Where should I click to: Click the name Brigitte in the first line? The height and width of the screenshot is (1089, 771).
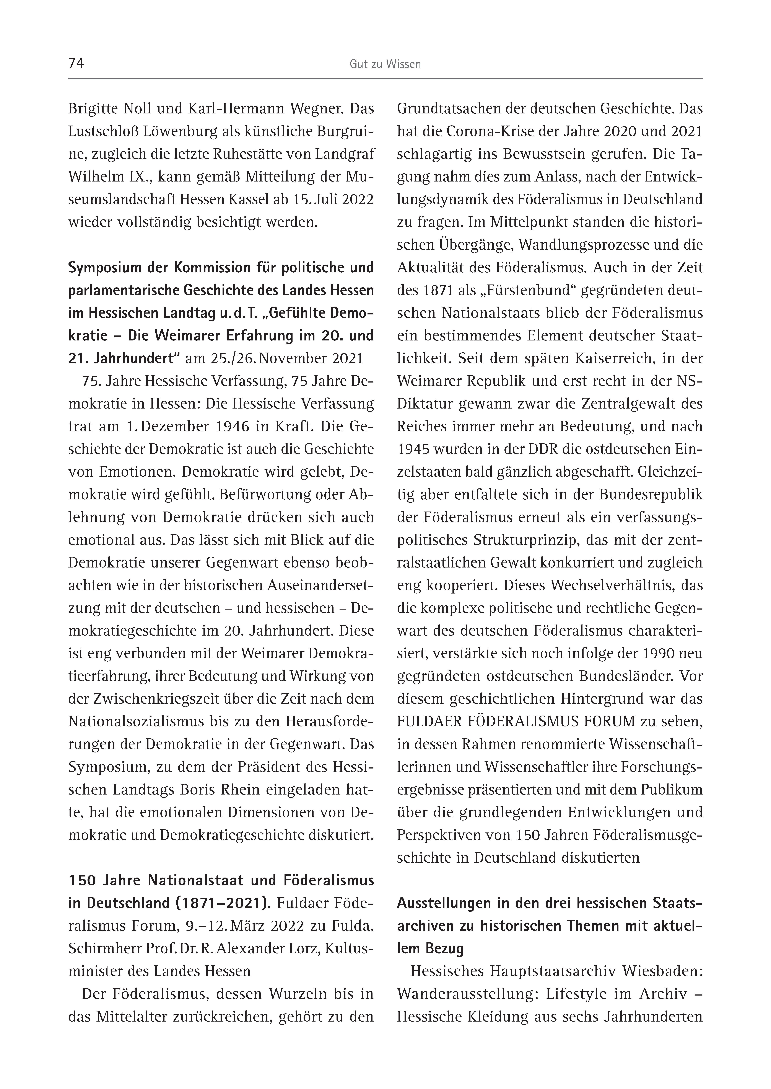[x=92, y=109]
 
